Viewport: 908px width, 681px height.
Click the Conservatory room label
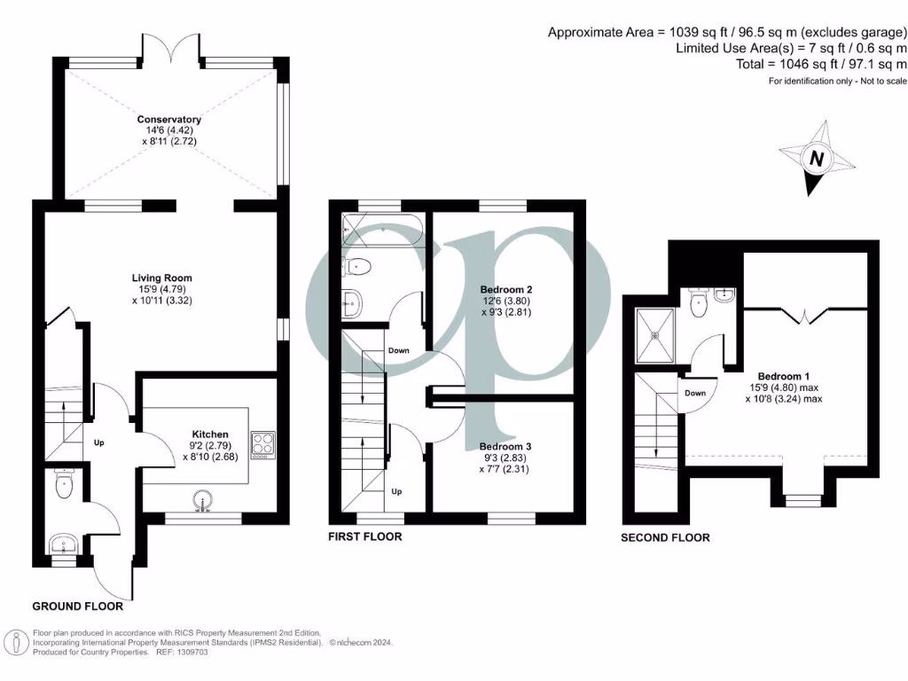[168, 120]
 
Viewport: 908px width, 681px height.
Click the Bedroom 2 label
[505, 290]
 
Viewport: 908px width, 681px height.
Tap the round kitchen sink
[204, 502]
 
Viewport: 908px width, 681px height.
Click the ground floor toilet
[62, 484]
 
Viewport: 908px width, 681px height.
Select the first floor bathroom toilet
[356, 264]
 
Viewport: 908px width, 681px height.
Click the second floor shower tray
[654, 335]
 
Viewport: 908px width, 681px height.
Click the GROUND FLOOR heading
[77, 607]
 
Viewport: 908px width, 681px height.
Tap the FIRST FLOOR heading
[364, 536]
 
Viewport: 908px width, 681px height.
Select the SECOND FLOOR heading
[665, 537]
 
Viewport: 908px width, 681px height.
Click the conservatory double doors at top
[170, 44]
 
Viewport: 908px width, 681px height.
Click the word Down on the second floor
[695, 393]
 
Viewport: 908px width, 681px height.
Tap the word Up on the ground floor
[99, 441]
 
